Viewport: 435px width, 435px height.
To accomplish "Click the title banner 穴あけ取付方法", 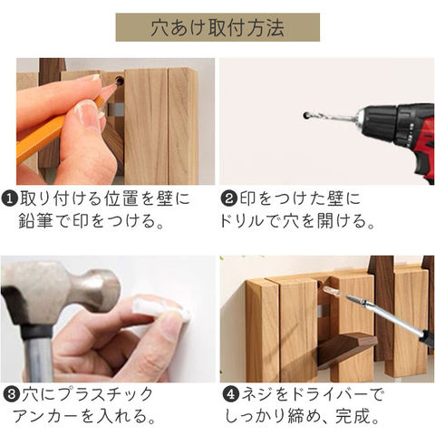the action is click(x=217, y=27).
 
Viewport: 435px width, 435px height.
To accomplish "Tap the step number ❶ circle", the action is click(x=10, y=199).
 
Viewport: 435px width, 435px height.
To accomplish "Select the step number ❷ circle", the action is click(x=229, y=199).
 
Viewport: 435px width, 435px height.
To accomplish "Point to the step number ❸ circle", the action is click(x=12, y=394).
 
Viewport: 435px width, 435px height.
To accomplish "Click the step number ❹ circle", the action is click(x=231, y=394).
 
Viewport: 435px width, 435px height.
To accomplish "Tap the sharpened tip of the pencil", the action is click(x=115, y=85).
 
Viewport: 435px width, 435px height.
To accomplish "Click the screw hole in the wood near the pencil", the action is click(x=120, y=81).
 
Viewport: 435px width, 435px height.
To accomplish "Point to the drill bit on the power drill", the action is click(x=332, y=116).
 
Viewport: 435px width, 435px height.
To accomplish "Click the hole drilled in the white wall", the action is click(x=306, y=115).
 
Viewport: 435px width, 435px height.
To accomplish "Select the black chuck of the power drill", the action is click(x=378, y=122).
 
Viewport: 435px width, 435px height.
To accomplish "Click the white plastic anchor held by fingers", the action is click(x=160, y=308).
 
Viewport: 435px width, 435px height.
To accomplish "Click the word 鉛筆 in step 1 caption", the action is click(x=35, y=221).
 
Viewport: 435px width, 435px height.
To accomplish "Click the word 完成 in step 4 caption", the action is click(x=353, y=417).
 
